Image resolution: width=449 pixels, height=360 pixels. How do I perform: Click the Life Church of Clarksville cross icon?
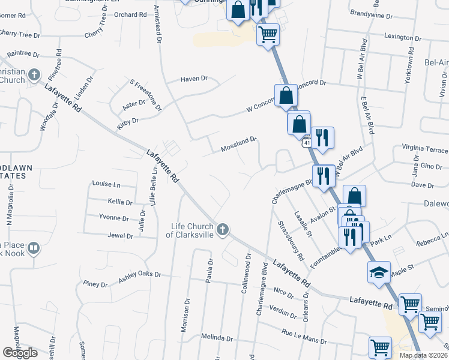(x=223, y=229)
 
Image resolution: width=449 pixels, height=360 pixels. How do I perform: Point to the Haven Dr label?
(x=194, y=79)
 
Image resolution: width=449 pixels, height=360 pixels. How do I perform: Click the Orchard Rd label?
(x=125, y=15)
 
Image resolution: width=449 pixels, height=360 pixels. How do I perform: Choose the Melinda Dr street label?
(x=217, y=338)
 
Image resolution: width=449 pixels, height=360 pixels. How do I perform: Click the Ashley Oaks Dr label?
(x=140, y=274)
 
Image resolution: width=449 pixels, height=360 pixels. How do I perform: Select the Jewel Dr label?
(x=121, y=236)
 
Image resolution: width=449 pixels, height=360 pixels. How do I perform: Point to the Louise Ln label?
(x=106, y=184)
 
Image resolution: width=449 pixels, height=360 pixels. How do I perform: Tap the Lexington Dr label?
(x=390, y=37)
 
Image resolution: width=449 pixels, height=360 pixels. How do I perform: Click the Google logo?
(x=20, y=353)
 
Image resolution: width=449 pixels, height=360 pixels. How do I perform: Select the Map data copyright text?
(x=424, y=355)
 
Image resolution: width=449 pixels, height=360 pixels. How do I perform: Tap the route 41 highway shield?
(x=307, y=143)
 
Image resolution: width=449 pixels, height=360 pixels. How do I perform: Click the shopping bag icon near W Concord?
(x=286, y=95)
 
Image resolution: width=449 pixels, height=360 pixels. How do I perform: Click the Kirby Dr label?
(x=128, y=125)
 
